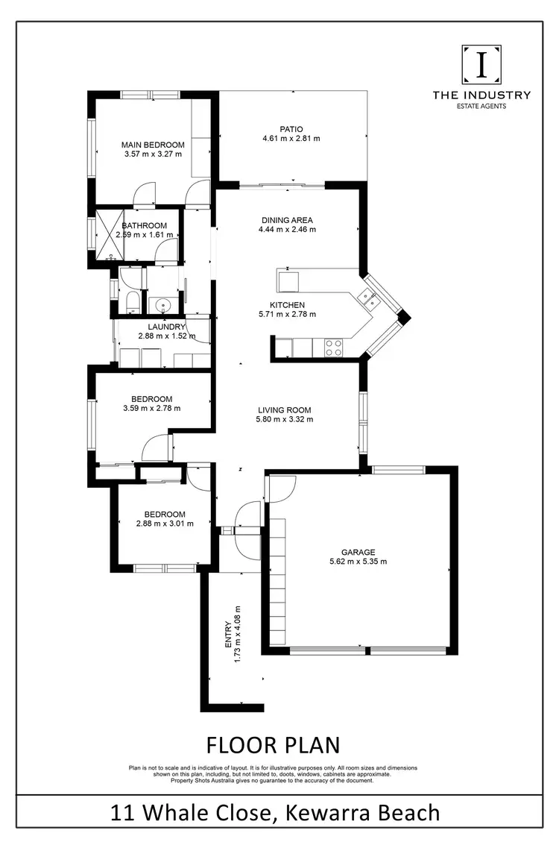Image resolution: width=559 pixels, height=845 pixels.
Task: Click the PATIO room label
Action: [x=291, y=128]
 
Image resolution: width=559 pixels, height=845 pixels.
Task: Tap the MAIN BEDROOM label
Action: [x=153, y=144]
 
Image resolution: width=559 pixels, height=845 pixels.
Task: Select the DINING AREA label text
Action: [x=287, y=220]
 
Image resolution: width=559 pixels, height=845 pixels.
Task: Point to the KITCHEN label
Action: [x=287, y=304]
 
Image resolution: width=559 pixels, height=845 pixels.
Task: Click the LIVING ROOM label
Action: [x=284, y=409]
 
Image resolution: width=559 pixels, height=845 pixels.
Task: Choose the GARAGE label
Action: [x=359, y=552]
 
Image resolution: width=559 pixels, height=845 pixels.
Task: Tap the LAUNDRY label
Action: [x=166, y=327]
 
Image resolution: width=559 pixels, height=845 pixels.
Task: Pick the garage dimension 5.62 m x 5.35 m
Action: [x=359, y=562]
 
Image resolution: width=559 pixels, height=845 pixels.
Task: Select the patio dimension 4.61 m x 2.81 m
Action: [x=291, y=138]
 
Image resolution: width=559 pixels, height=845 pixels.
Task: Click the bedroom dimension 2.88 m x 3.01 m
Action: [x=165, y=524]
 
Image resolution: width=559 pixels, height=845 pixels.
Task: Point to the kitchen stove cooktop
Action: [x=333, y=348]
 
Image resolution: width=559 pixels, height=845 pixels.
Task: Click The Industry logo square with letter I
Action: [x=482, y=65]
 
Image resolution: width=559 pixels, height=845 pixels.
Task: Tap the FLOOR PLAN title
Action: [x=273, y=744]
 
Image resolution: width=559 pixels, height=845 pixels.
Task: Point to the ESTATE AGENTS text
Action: [x=481, y=107]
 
